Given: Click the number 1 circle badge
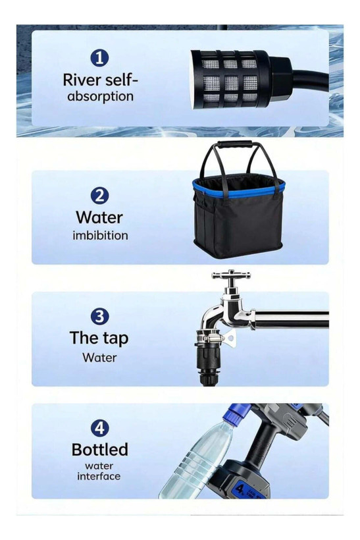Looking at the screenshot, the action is (99, 58).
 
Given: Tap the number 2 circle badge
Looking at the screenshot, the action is (99, 196).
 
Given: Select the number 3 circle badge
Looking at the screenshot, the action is (99, 317).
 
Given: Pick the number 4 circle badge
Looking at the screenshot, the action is (99, 428).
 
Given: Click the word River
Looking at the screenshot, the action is (82, 80).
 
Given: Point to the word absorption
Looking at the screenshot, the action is (100, 96).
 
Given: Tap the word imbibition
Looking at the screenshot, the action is (100, 236).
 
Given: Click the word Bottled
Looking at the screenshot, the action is (100, 449).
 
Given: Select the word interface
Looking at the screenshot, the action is (99, 476).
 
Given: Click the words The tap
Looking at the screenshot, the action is (99, 338).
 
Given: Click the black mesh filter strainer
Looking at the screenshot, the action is (230, 79).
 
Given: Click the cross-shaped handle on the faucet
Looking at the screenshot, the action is (231, 275).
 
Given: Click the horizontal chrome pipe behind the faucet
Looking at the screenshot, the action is (291, 319).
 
